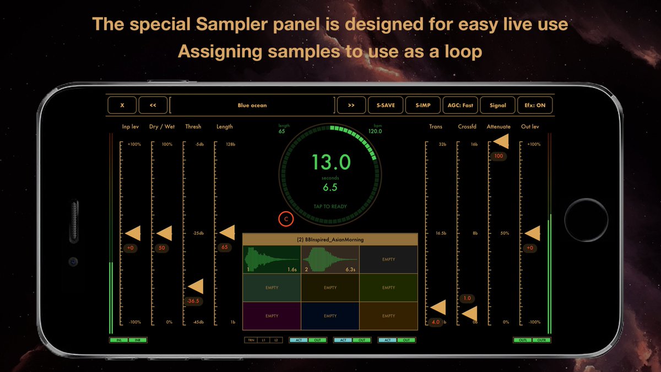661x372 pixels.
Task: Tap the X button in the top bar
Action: pos(122,105)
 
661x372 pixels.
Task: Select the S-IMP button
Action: pos(423,105)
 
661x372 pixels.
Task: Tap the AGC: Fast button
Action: pos(460,105)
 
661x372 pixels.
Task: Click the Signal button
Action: pos(497,105)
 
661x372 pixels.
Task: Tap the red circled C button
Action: pos(286,219)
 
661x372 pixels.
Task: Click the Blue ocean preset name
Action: pos(252,105)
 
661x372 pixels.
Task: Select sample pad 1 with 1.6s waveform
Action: pos(272,260)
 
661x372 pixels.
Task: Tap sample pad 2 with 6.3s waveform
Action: pos(330,260)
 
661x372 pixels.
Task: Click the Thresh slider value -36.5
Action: pos(193,301)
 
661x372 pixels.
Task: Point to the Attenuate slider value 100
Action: pos(499,156)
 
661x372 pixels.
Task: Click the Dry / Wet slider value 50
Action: pos(161,248)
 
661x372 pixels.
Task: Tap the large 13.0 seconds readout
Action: pos(330,163)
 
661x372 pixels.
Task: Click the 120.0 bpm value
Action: pos(375,131)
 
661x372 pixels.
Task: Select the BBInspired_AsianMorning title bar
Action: pos(330,240)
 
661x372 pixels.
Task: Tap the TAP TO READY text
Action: pos(330,207)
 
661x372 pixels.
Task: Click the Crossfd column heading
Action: pos(467,127)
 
